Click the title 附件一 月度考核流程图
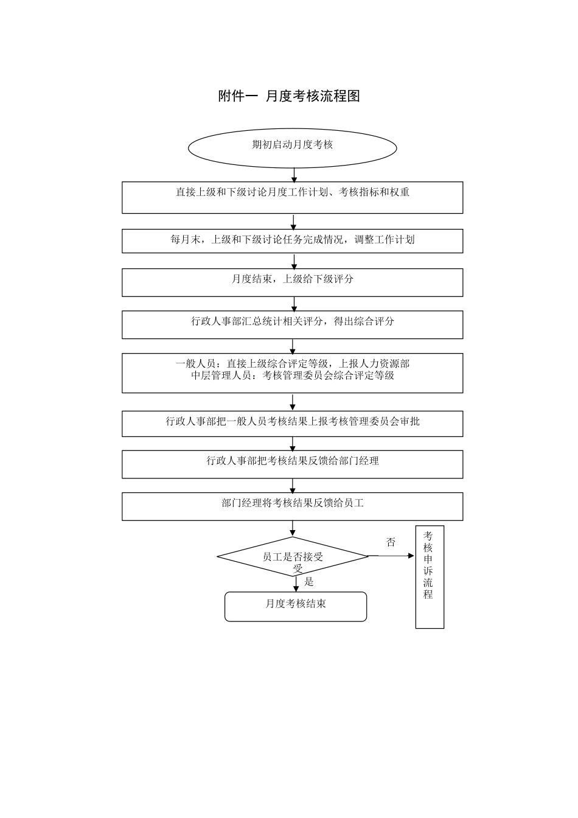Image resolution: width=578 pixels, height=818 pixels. click(289, 96)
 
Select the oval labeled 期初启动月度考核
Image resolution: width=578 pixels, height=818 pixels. click(292, 146)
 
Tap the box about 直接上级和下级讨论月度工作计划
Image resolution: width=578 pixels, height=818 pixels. click(292, 197)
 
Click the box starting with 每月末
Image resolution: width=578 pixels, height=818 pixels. click(292, 240)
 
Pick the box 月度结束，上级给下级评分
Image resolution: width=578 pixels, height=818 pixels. click(292, 282)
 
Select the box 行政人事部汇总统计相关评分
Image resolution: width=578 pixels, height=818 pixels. click(292, 324)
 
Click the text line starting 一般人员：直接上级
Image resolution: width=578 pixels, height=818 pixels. click(292, 363)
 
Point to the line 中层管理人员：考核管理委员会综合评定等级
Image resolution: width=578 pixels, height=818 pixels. click(292, 376)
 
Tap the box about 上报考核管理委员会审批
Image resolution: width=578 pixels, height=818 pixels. click(292, 423)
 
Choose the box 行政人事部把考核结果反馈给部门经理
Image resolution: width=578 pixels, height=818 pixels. click(292, 464)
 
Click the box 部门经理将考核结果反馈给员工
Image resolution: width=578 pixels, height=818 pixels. click(292, 506)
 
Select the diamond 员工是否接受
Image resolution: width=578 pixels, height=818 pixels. click(293, 556)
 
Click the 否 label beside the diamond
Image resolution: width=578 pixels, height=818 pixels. click(391, 542)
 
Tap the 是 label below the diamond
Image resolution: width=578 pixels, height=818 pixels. click(309, 582)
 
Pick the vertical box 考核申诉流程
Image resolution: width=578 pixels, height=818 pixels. click(430, 576)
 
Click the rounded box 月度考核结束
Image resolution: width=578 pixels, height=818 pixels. click(296, 606)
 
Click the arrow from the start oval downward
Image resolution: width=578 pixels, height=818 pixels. click(294, 175)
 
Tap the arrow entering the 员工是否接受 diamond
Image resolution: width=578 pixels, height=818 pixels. click(293, 528)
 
